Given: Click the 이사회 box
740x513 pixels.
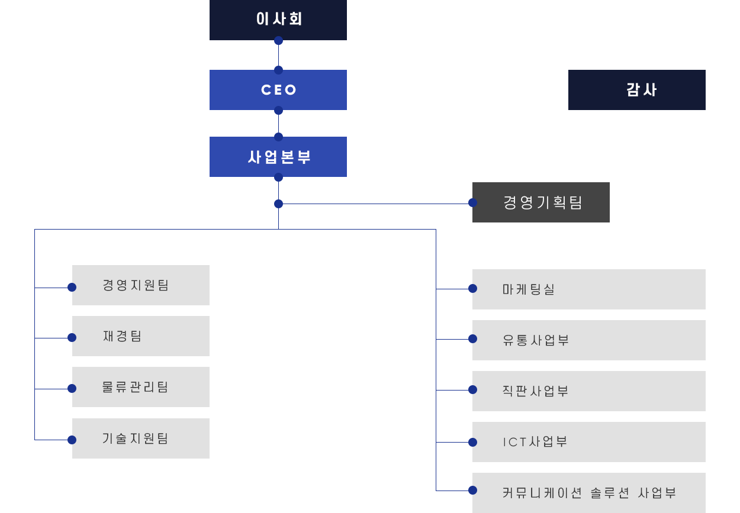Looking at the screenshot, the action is click(x=278, y=20).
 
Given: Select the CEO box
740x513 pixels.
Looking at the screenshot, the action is click(x=278, y=90).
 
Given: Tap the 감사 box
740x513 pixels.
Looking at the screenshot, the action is click(x=637, y=90).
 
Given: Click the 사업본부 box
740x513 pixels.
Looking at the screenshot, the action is click(x=278, y=157).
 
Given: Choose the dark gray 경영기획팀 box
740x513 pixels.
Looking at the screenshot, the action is click(x=541, y=202).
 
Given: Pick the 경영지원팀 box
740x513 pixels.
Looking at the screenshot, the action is click(x=141, y=285).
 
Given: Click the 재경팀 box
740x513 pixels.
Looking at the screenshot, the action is click(x=141, y=336).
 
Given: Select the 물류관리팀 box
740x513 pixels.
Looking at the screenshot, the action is click(x=141, y=387).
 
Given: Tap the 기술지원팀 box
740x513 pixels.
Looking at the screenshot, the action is click(x=141, y=438).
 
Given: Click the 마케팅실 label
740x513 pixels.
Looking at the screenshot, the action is click(x=529, y=289).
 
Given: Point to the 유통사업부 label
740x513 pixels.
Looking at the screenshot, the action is click(x=536, y=340).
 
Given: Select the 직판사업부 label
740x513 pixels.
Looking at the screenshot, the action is click(x=535, y=391).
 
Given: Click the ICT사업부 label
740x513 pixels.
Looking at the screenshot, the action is click(x=535, y=442).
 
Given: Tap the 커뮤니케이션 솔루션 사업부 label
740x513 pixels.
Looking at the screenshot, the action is click(x=589, y=493).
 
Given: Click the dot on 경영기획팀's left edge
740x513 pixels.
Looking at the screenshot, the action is click(x=473, y=203).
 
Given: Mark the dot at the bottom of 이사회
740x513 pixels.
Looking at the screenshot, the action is click(x=278, y=41).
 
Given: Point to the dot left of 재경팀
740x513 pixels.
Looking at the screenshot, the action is click(x=72, y=338).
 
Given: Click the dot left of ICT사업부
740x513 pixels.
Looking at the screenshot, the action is click(x=473, y=442).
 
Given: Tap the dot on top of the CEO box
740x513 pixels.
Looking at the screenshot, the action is click(x=278, y=70).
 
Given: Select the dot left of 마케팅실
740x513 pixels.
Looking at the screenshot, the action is click(x=473, y=289).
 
